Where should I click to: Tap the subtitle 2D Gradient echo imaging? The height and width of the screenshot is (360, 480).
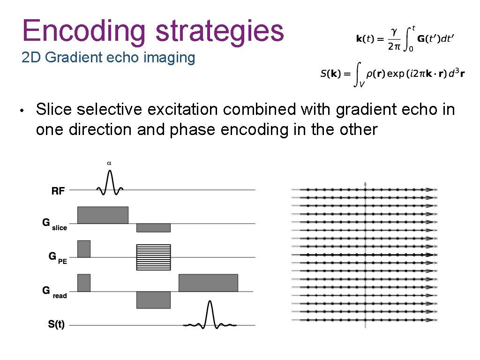point(108,58)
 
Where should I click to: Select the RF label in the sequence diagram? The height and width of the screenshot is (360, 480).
point(58,191)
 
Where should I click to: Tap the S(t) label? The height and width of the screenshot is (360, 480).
point(56,324)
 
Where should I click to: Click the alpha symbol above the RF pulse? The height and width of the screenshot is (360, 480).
point(109,163)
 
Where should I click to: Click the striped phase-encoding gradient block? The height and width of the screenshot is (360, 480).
point(153,257)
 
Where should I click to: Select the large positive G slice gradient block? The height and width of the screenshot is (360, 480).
point(103,215)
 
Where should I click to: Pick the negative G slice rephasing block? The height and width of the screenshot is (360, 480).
point(153,227)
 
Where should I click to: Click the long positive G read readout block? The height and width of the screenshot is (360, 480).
point(208,283)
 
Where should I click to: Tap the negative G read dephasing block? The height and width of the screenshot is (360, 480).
point(153,300)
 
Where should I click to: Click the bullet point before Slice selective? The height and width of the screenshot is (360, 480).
point(23,111)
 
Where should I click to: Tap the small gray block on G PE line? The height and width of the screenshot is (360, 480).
point(84,248)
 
